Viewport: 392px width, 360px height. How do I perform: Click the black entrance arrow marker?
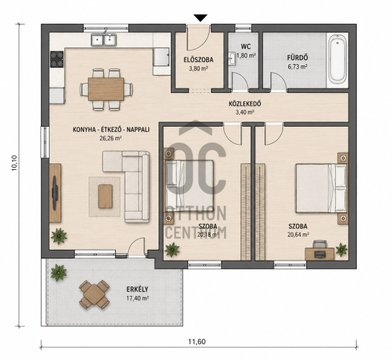pyautogui.click(x=200, y=18)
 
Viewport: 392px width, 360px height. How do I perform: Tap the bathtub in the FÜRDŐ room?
pyautogui.click(x=337, y=59)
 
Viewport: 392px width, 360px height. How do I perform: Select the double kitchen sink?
pyautogui.click(x=104, y=40)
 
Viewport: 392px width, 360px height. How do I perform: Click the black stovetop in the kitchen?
pyautogui.click(x=57, y=59)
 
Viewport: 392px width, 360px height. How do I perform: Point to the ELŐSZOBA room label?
pyautogui.click(x=198, y=60)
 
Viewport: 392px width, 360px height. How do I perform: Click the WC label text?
pyautogui.click(x=246, y=47)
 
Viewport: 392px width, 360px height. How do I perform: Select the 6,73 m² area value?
pyautogui.click(x=298, y=67)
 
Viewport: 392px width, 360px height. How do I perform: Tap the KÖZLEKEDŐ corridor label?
pyautogui.click(x=245, y=104)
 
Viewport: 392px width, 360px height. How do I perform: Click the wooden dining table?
pyautogui.click(x=106, y=89)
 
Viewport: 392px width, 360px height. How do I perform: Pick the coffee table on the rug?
pyautogui.click(x=105, y=197)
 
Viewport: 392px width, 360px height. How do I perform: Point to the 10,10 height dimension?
pyautogui.click(x=14, y=163)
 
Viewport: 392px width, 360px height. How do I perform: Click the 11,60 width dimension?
pyautogui.click(x=197, y=341)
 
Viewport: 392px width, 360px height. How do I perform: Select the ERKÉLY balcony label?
pyautogui.click(x=137, y=289)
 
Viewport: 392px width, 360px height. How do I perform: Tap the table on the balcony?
pyautogui.click(x=94, y=294)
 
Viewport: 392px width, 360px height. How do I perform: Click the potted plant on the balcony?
pyautogui.click(x=58, y=272)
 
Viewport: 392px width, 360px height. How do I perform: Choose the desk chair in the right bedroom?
pyautogui.click(x=320, y=244)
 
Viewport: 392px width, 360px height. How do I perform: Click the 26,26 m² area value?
pyautogui.click(x=110, y=138)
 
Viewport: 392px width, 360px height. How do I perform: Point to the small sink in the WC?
pyautogui.click(x=232, y=59)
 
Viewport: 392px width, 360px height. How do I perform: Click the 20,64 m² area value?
pyautogui.click(x=298, y=235)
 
